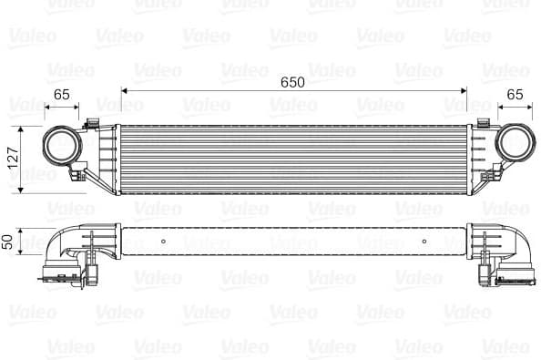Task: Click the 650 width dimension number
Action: (x=292, y=81)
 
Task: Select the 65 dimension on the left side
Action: (x=62, y=94)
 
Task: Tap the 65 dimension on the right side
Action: (x=515, y=94)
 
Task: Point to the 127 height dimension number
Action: (x=13, y=159)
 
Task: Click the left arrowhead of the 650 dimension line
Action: (x=124, y=92)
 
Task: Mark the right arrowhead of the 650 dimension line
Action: (x=463, y=92)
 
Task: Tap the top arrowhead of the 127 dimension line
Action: (x=22, y=127)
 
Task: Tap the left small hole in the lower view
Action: (x=162, y=242)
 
